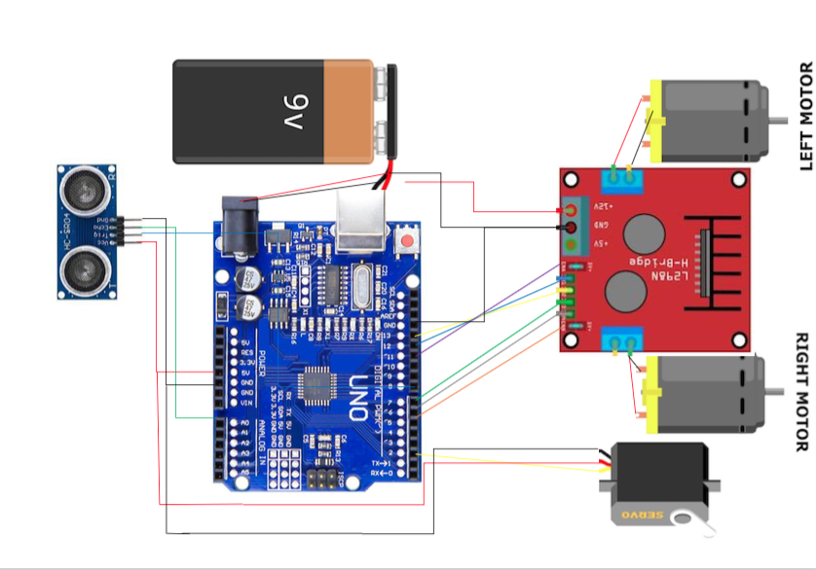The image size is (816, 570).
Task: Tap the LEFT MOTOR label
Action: tap(804, 116)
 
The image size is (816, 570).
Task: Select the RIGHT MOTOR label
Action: tap(802, 393)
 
